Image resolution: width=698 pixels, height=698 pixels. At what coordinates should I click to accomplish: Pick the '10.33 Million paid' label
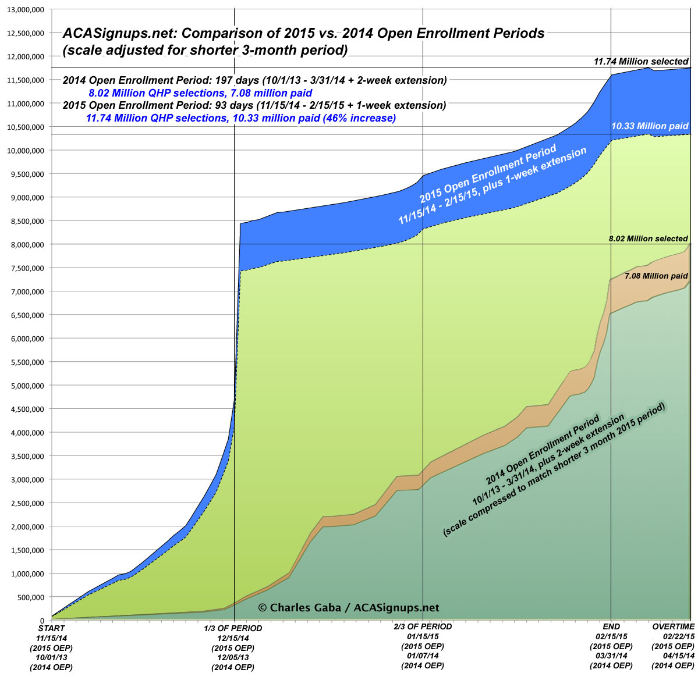pyautogui.click(x=650, y=126)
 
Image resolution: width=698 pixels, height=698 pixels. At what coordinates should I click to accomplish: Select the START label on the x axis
pyautogui.click(x=51, y=628)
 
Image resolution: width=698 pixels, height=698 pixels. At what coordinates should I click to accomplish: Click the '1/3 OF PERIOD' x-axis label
pyautogui.click(x=233, y=628)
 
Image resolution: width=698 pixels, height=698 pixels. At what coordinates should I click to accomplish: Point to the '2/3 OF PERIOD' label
pyautogui.click(x=423, y=626)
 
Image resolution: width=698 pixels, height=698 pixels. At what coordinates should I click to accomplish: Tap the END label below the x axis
pyautogui.click(x=611, y=627)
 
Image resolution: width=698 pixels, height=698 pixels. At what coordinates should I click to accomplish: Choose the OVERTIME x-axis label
pyautogui.click(x=674, y=626)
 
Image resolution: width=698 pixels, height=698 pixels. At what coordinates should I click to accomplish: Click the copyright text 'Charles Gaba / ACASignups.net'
pyautogui.click(x=348, y=608)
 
